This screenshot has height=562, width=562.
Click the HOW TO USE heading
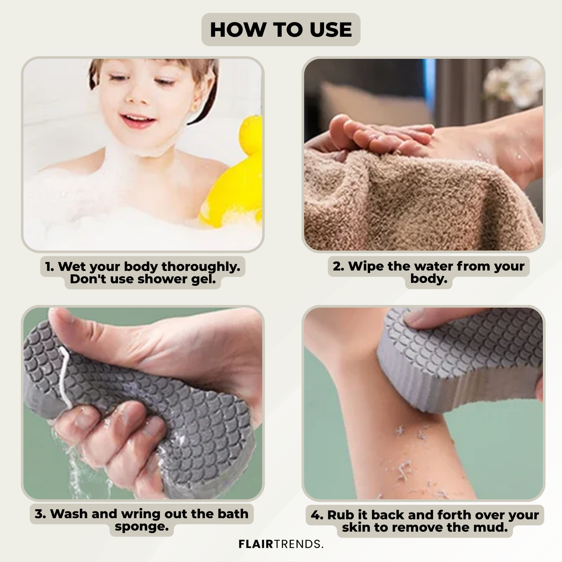tap(281, 30)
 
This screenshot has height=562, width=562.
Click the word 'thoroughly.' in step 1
tap(201, 267)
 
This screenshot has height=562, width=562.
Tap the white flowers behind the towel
tap(515, 82)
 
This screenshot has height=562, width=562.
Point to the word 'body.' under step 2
tap(429, 279)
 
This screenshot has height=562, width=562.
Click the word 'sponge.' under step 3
tap(142, 527)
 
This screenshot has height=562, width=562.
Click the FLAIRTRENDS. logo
tap(281, 544)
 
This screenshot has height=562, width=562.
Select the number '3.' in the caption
tap(40, 514)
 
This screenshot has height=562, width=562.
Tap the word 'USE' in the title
tap(331, 30)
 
